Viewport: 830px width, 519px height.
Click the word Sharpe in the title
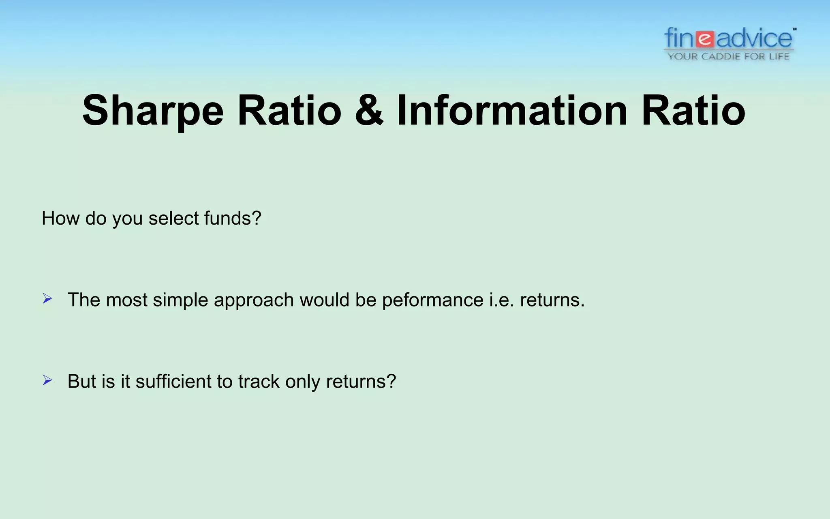[153, 111]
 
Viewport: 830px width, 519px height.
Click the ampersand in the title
[369, 111]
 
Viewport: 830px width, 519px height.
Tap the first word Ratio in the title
[289, 111]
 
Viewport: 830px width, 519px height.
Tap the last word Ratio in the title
[693, 111]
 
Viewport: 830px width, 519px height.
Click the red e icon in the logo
[705, 39]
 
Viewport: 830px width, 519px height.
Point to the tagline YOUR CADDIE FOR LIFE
[728, 56]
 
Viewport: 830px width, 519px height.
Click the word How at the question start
[60, 218]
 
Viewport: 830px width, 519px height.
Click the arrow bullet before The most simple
[47, 299]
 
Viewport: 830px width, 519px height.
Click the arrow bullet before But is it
[47, 380]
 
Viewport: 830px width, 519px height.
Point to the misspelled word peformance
[432, 300]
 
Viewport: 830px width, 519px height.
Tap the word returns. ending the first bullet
[552, 300]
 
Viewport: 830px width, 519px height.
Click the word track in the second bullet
[259, 381]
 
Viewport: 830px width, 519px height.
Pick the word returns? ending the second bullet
[361, 381]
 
